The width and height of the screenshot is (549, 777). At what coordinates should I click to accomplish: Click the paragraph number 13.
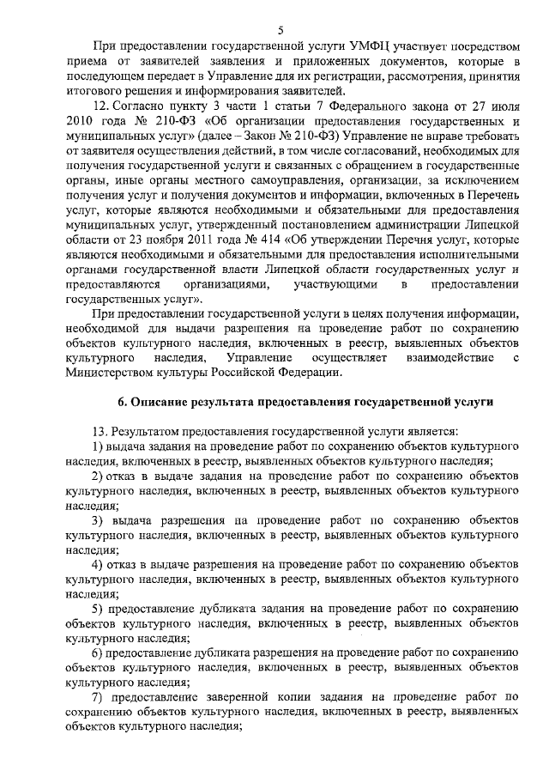101,432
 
